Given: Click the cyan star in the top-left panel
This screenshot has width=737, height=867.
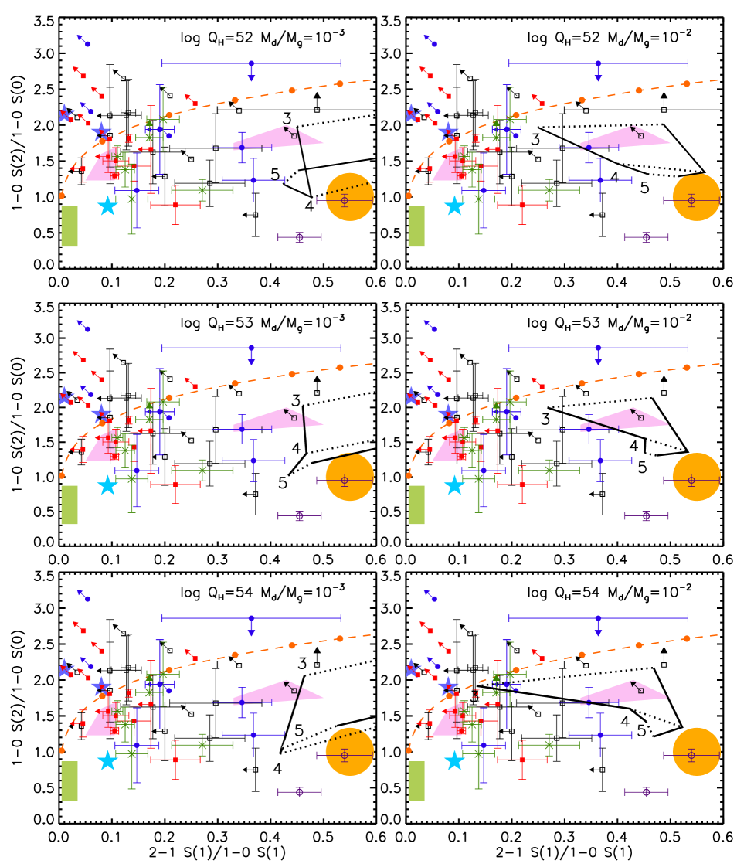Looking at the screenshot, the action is pyautogui.click(x=107, y=206).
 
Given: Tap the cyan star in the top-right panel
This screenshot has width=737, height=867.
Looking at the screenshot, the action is pyautogui.click(x=454, y=206).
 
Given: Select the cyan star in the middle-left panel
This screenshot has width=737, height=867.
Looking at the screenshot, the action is pyautogui.click(x=107, y=485).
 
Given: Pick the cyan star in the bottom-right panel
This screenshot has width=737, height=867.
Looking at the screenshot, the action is pyautogui.click(x=454, y=760).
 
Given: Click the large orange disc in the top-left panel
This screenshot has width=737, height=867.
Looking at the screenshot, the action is pyautogui.click(x=349, y=197).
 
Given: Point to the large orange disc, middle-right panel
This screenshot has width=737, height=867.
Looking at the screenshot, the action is pyautogui.click(x=696, y=477).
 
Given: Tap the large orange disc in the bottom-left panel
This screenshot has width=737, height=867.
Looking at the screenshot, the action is pyautogui.click(x=349, y=752).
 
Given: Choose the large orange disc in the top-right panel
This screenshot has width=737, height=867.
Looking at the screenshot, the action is pyautogui.click(x=696, y=197).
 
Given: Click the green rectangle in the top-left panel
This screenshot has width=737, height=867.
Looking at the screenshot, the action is pyautogui.click(x=70, y=226).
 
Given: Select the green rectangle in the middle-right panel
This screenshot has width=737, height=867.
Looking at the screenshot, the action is pyautogui.click(x=416, y=505).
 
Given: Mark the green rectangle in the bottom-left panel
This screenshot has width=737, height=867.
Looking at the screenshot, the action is pyautogui.click(x=70, y=781).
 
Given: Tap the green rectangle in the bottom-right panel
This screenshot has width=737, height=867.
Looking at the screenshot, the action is pyautogui.click(x=416, y=781).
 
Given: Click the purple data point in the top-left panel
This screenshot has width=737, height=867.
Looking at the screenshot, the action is pyautogui.click(x=300, y=237).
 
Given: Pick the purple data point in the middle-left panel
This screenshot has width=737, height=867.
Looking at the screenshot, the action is pyautogui.click(x=300, y=516).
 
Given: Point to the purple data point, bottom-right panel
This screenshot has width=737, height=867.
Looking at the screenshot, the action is pyautogui.click(x=646, y=792).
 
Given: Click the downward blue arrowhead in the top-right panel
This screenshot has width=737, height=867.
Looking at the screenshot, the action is pyautogui.click(x=598, y=77).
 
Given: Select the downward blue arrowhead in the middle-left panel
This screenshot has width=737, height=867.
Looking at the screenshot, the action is pyautogui.click(x=251, y=362).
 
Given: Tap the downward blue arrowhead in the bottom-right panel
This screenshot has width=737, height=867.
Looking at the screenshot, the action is pyautogui.click(x=598, y=633).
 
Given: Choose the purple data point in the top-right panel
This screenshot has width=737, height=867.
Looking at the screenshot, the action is pyautogui.click(x=646, y=237).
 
